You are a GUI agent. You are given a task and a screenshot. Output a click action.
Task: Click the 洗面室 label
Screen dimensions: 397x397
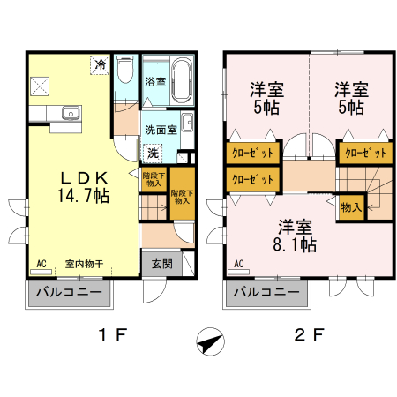click(x=160, y=129)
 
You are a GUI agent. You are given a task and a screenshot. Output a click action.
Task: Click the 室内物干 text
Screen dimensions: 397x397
click(x=84, y=263)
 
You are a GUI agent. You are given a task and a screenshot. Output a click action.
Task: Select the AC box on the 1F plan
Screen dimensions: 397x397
click(x=41, y=263)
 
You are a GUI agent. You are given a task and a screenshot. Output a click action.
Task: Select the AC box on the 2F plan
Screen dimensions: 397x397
click(x=238, y=263)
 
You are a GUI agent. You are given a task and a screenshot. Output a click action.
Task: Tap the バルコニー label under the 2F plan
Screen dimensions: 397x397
click(x=265, y=291)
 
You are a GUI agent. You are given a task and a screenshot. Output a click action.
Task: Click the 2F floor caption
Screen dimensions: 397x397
click(x=311, y=335)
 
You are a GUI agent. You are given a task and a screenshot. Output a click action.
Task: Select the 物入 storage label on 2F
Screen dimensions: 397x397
click(x=350, y=206)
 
